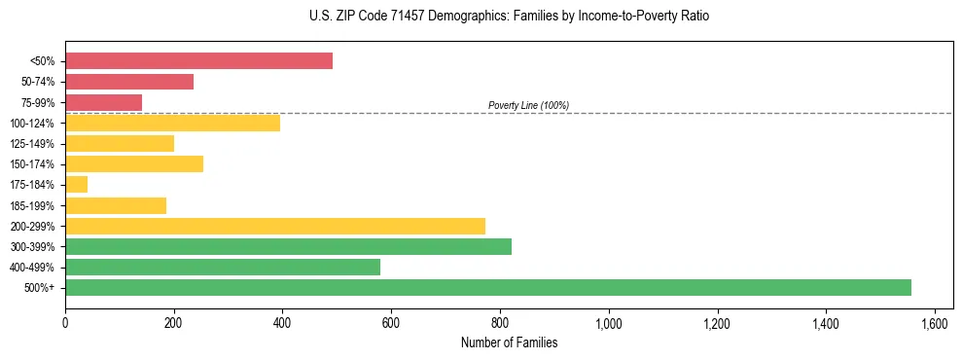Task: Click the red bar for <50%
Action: click(x=198, y=61)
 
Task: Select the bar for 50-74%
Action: click(x=129, y=82)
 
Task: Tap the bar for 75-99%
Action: click(x=103, y=102)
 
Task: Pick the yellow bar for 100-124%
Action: click(x=172, y=123)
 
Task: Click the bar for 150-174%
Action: click(x=134, y=163)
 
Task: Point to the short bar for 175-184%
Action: click(x=76, y=184)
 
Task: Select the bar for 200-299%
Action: click(x=275, y=226)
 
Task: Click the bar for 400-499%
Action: click(x=223, y=267)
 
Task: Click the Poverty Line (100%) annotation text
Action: click(x=528, y=105)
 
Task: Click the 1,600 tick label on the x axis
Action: click(x=935, y=321)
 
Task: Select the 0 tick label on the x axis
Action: click(x=65, y=321)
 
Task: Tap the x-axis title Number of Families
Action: click(x=509, y=342)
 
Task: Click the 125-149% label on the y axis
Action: click(x=33, y=144)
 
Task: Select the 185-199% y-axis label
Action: click(x=33, y=205)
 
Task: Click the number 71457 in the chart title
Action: click(x=409, y=17)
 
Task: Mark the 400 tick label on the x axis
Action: click(x=282, y=321)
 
